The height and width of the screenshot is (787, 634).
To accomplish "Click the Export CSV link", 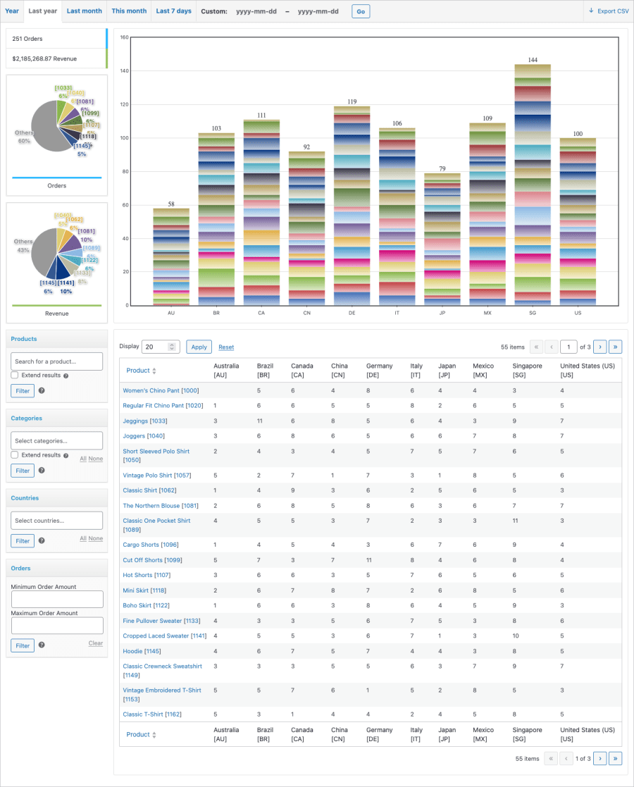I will pos(609,11).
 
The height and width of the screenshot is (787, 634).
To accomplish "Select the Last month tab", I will pos(84,11).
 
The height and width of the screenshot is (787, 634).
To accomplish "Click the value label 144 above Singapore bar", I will pos(533,60).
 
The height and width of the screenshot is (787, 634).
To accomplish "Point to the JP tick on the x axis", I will pos(443,312).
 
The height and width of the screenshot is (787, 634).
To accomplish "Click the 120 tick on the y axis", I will pos(123,104).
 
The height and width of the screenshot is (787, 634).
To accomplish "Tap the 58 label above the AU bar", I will pos(171,204).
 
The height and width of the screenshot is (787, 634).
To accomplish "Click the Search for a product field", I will pos(57,361).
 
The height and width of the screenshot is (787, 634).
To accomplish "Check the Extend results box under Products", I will pos(15,376).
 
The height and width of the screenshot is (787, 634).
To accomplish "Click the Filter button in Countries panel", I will pos(23,540).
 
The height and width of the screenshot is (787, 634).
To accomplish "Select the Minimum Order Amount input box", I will pos(57,599).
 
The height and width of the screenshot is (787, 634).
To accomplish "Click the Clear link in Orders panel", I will pos(95,643).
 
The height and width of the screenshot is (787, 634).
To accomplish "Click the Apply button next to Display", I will pos(199,347).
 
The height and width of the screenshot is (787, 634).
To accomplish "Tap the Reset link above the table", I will pos(226,347).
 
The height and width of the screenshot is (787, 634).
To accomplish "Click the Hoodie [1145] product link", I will pos(142,651).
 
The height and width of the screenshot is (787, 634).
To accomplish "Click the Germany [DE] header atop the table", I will pos(379,371).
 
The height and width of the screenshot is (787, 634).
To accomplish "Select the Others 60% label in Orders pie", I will pos(24,136).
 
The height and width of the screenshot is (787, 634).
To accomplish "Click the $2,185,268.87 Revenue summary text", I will pos(44,58).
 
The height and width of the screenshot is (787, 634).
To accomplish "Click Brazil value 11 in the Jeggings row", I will pos(259,421).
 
